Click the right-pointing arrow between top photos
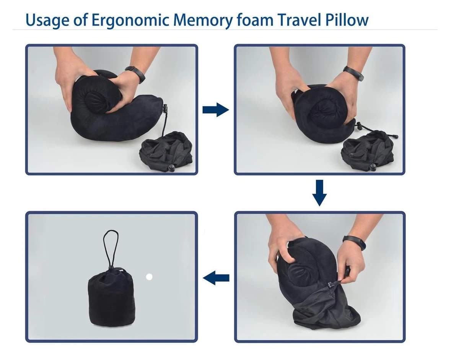215,110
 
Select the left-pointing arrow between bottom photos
216,278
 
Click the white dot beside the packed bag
149,277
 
